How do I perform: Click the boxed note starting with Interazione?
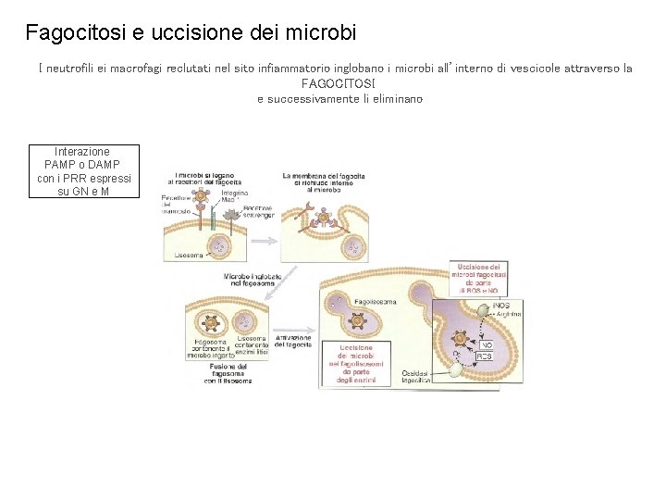click(x=83, y=171)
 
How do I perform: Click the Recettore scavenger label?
click(x=258, y=212)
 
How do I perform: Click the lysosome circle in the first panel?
click(x=220, y=246)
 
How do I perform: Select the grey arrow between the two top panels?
click(x=265, y=240)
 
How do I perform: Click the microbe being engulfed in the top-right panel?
click(x=324, y=219)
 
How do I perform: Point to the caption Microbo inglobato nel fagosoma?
click(x=244, y=281)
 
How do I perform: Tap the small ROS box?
click(x=484, y=356)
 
